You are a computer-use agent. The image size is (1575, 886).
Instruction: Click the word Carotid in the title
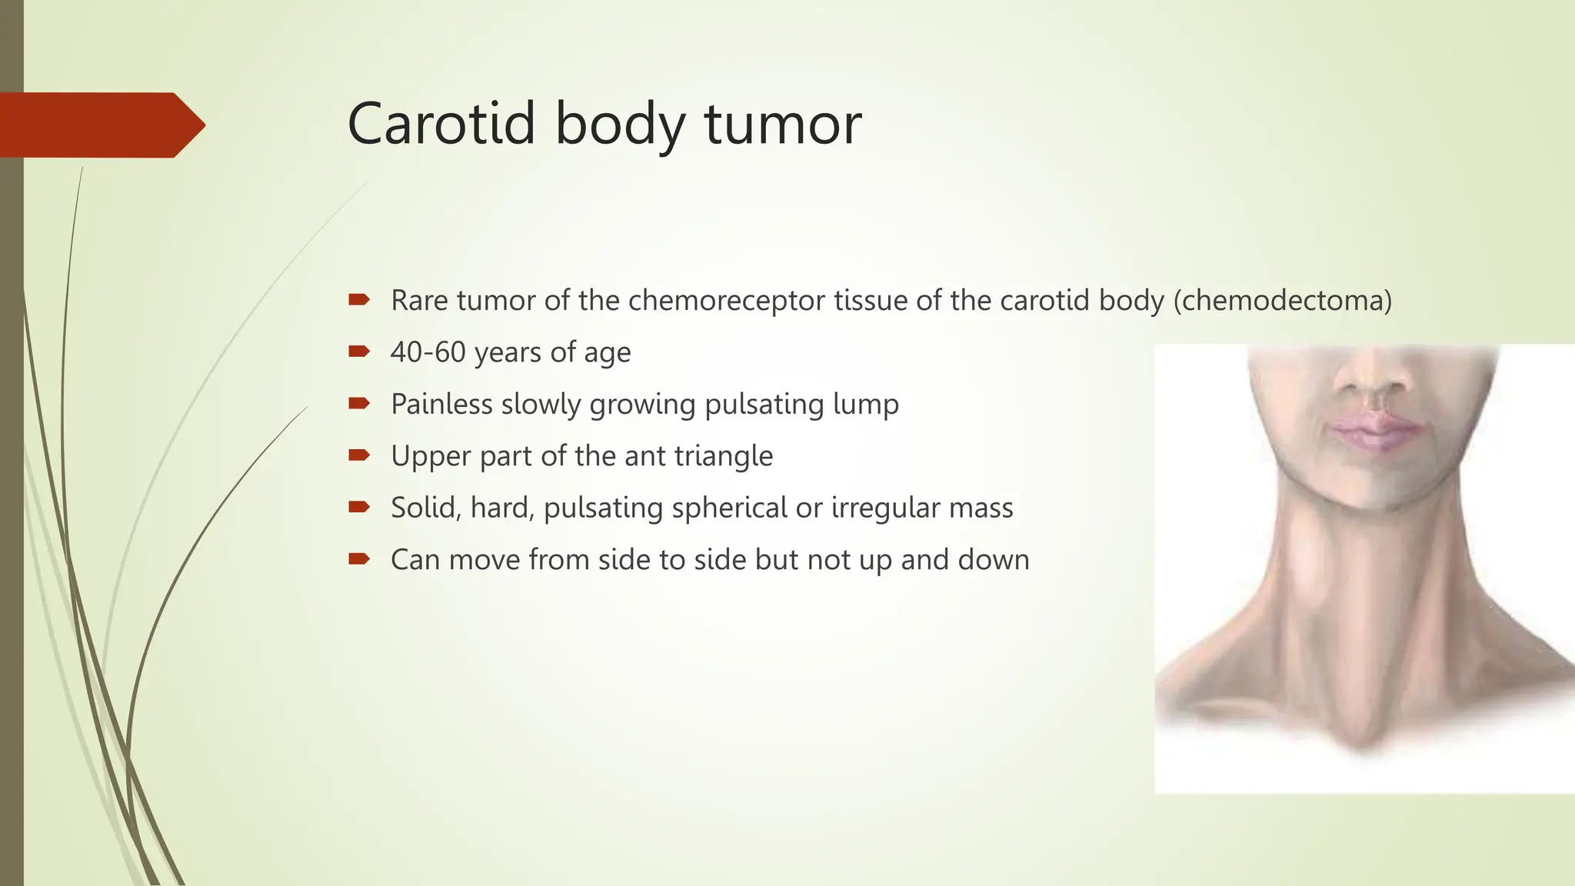pyautogui.click(x=441, y=124)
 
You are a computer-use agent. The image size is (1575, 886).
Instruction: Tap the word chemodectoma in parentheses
pyautogui.click(x=1282, y=300)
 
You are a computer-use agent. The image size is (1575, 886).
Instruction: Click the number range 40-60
pyautogui.click(x=428, y=352)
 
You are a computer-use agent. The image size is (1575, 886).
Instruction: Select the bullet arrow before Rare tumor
pyautogui.click(x=358, y=299)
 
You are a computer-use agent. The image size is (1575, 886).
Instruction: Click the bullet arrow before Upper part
pyautogui.click(x=358, y=455)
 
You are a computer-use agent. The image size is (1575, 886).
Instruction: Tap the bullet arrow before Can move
pyautogui.click(x=358, y=559)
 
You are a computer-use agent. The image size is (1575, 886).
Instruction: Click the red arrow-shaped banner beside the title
pyautogui.click(x=100, y=125)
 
